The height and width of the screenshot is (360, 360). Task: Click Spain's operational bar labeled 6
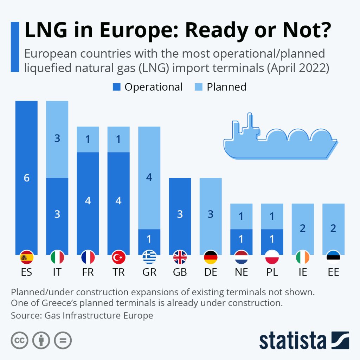click(x=26, y=178)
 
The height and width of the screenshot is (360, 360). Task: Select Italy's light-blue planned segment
click(x=57, y=139)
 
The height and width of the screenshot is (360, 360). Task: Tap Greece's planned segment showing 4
click(x=149, y=178)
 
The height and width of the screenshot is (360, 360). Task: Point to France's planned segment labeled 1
click(x=88, y=139)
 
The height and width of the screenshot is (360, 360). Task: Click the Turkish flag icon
click(x=118, y=258)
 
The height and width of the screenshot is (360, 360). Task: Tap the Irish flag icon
click(x=302, y=258)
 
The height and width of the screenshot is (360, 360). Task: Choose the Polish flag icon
click(x=272, y=258)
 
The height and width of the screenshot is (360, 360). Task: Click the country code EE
click(x=333, y=272)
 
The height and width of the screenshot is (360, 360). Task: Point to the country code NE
click(x=241, y=272)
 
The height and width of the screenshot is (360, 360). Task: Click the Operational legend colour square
click(x=117, y=87)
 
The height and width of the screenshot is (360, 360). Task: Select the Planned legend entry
click(x=221, y=87)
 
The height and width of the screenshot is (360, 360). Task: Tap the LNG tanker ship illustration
click(x=280, y=139)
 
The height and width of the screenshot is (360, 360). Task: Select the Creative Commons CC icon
click(x=20, y=340)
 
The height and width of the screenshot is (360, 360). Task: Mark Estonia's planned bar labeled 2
click(x=333, y=229)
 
